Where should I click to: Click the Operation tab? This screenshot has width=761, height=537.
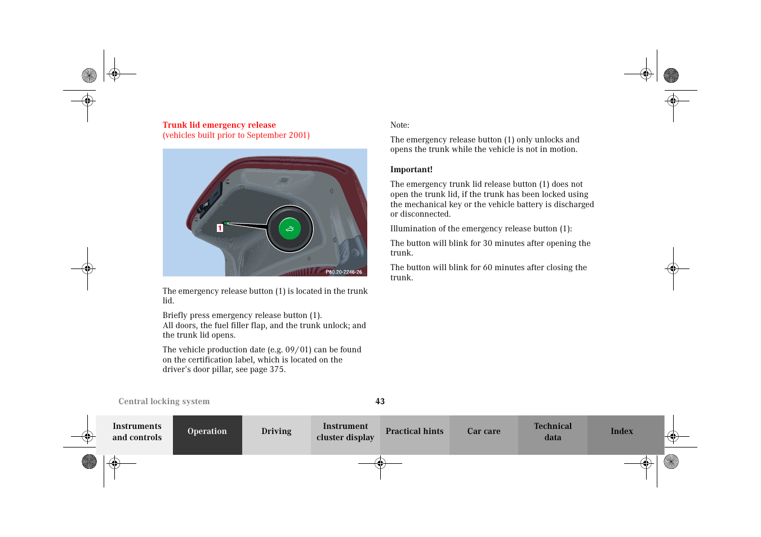(207, 432)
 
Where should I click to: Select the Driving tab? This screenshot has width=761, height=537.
(276, 432)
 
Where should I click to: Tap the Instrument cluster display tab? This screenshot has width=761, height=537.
(345, 432)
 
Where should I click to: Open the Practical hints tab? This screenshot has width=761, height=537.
(415, 432)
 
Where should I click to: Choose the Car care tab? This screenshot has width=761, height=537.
(483, 432)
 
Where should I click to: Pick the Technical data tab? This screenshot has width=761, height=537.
(553, 432)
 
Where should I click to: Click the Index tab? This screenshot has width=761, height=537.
(621, 432)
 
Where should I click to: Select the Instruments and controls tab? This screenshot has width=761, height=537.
(137, 432)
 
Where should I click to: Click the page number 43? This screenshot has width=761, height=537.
(380, 401)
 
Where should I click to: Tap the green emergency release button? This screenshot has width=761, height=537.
(290, 229)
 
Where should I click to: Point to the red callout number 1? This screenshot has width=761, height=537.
(220, 228)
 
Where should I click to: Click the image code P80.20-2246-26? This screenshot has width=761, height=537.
(344, 272)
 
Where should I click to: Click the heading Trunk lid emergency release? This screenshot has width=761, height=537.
(219, 125)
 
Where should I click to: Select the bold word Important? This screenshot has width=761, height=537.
(411, 169)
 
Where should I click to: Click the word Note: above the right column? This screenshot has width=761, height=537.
(400, 125)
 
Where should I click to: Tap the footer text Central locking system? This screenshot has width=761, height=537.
(164, 401)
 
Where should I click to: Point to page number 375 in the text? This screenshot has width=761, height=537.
(276, 370)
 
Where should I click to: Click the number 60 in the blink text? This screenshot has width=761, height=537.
(488, 267)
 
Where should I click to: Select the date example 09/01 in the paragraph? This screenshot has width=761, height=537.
(299, 350)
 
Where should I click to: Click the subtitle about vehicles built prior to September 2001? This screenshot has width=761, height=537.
(236, 135)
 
